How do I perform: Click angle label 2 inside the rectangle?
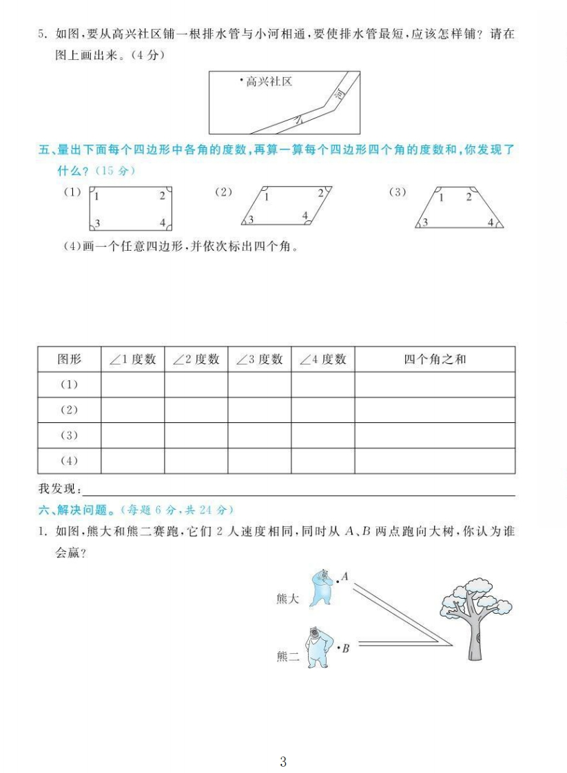pyautogui.click(x=162, y=196)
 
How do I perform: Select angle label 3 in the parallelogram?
pyautogui.click(x=251, y=220)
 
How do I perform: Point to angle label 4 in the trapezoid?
pyautogui.click(x=491, y=222)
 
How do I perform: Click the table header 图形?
pyautogui.click(x=69, y=359)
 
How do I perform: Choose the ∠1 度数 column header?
pyautogui.click(x=132, y=359)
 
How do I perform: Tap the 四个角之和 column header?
pyautogui.click(x=435, y=359)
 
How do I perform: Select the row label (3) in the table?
pyautogui.click(x=69, y=435)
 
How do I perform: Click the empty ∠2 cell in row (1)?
pyautogui.click(x=196, y=384)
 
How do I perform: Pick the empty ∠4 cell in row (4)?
pyautogui.click(x=322, y=460)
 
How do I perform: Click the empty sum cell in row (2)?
pyautogui.click(x=435, y=410)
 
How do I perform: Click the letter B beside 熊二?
pyautogui.click(x=346, y=648)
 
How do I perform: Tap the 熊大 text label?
pyautogui.click(x=287, y=599)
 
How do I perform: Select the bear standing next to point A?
pyautogui.click(x=320, y=586)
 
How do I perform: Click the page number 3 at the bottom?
pyautogui.click(x=283, y=743)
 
